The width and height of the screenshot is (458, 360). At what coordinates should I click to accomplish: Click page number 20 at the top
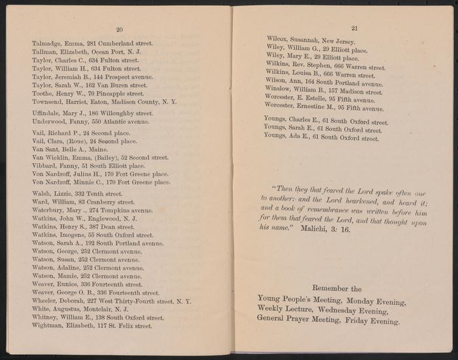119,30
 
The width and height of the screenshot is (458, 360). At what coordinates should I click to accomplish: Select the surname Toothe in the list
44,94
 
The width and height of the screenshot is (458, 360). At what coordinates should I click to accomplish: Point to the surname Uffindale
46,113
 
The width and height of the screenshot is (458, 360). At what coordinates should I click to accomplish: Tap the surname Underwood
48,122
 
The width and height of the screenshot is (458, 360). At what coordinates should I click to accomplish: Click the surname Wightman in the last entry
48,327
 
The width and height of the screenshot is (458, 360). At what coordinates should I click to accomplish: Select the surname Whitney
46,318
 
